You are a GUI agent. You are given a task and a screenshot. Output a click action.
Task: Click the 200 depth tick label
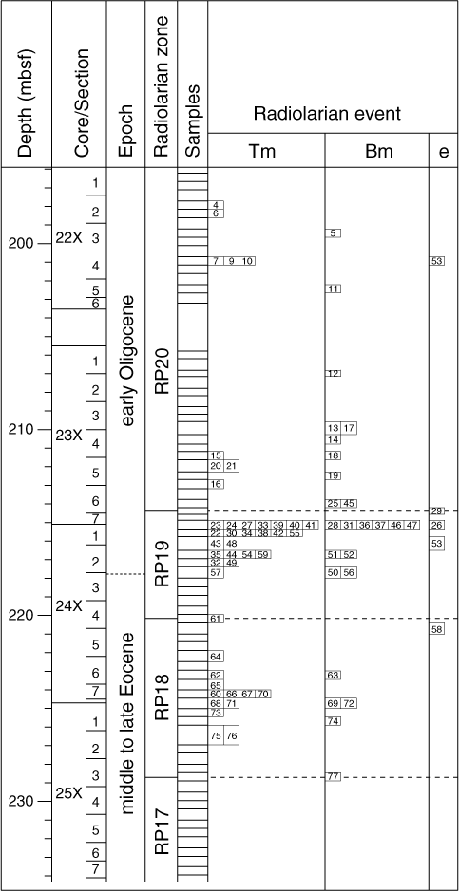pos(21,243)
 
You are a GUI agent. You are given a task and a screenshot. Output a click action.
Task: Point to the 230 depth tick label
pos(21,801)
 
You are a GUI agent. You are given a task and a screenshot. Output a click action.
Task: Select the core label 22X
pos(69,238)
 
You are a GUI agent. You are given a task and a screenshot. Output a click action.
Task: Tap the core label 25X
pos(69,792)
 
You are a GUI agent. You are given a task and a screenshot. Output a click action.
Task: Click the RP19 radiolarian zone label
pos(162,564)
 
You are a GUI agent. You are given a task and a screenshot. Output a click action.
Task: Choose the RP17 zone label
pos(162,829)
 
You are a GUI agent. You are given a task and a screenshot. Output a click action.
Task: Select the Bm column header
pos(376,151)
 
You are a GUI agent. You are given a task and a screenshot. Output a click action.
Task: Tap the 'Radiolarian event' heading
pos(328,114)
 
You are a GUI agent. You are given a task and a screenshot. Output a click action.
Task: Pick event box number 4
pos(216,205)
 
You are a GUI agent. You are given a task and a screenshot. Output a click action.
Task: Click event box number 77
pos(334,777)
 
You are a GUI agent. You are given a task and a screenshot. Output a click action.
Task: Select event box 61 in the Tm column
pos(216,619)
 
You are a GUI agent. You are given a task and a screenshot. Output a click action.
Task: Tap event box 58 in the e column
pos(437,629)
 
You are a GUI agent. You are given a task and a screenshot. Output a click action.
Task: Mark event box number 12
pos(334,373)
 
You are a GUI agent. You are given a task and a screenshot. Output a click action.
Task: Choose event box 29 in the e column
pos(437,510)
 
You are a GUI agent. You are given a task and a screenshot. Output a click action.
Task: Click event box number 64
pos(216,657)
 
